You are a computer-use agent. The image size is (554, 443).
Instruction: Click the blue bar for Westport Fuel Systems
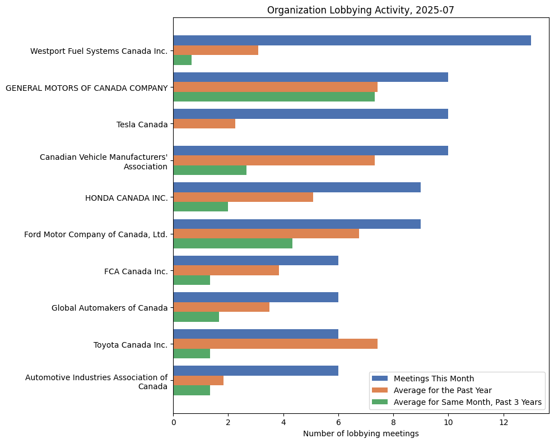(x=352, y=40)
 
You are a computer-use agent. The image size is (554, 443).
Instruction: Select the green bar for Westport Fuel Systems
(x=183, y=60)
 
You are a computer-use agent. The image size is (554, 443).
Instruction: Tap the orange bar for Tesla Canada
(x=204, y=124)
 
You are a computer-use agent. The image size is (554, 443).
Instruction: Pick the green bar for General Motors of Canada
(x=274, y=96)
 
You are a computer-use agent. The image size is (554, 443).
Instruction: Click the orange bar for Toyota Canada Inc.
(x=276, y=344)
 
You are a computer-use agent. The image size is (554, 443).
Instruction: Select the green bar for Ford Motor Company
(x=233, y=243)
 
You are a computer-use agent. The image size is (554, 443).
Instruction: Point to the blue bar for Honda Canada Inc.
(x=297, y=187)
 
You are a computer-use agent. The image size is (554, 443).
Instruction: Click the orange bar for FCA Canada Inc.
(x=226, y=271)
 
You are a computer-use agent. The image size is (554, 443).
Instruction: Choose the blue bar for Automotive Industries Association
(x=256, y=371)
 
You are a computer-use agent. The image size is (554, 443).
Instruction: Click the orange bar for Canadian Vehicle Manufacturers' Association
(x=274, y=160)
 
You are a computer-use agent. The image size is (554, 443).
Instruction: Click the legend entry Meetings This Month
(x=433, y=378)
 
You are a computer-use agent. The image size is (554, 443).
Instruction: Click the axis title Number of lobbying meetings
(x=361, y=433)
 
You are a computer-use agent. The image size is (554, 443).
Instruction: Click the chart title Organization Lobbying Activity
(x=361, y=10)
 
